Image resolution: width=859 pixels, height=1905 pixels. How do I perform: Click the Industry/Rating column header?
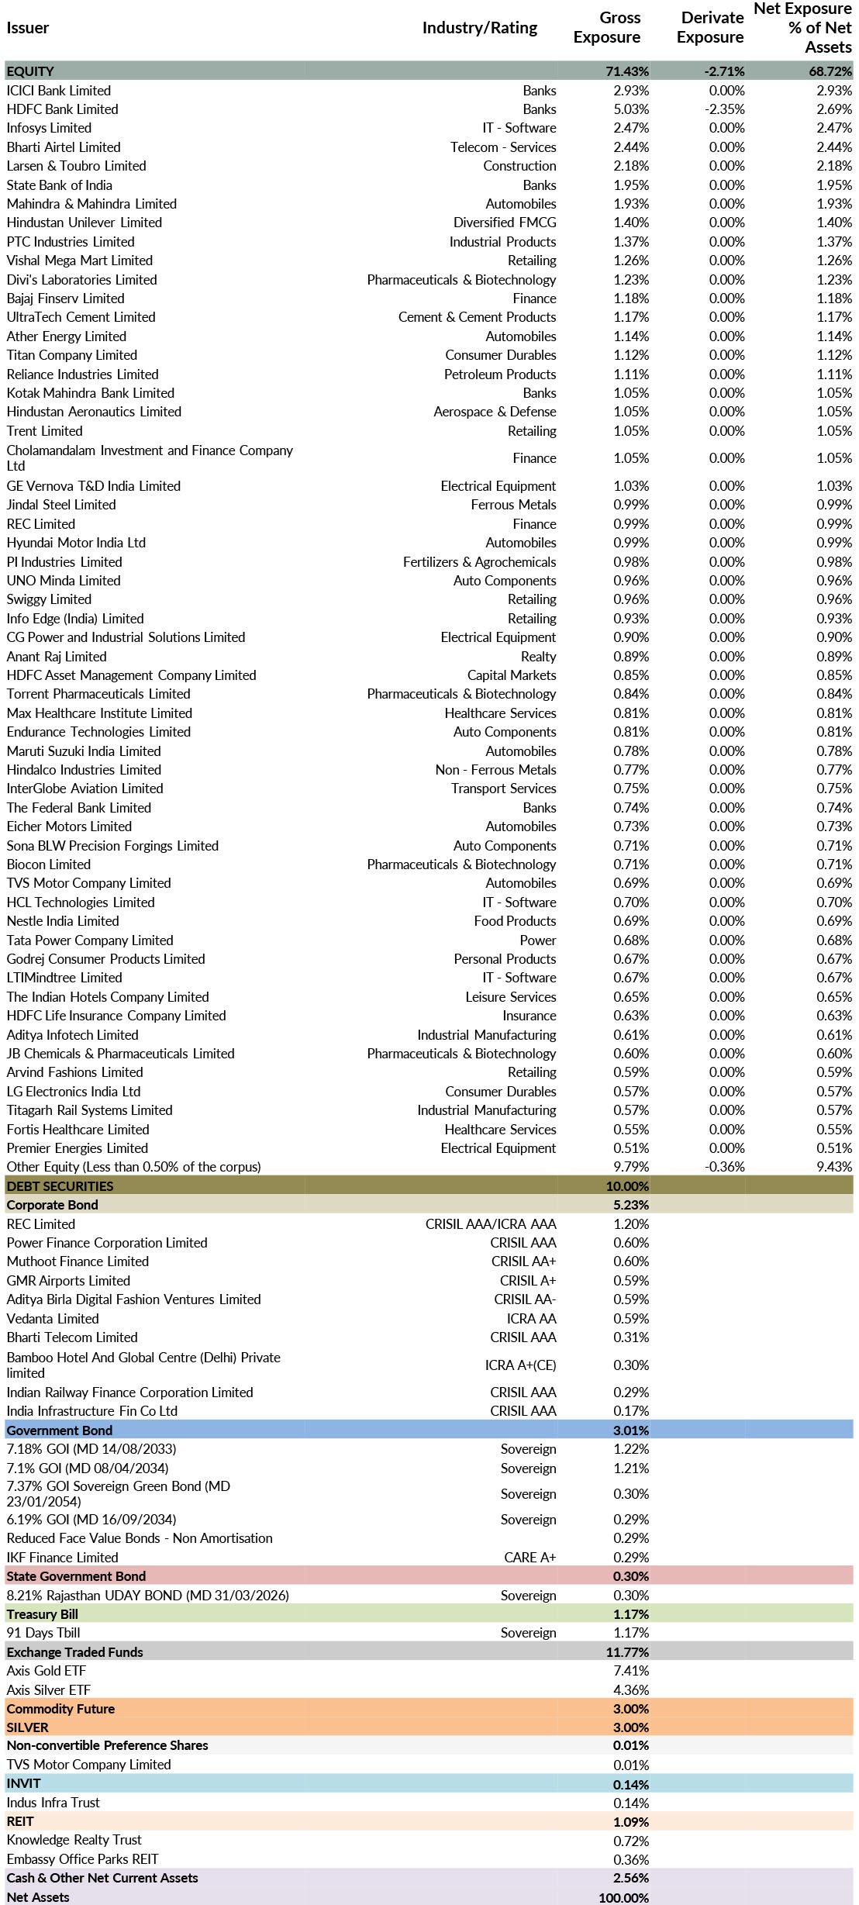click(479, 28)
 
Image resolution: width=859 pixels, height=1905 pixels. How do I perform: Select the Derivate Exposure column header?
click(709, 27)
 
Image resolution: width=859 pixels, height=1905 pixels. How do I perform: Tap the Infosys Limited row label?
click(49, 128)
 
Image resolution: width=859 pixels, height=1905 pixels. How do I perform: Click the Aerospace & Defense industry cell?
click(495, 412)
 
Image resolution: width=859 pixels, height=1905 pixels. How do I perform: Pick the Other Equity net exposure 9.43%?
click(833, 1167)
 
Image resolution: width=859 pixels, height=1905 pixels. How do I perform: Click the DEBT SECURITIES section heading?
click(60, 1186)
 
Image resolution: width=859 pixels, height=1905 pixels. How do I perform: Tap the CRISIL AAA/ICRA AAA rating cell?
click(490, 1224)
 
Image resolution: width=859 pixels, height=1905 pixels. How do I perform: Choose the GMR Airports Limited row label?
click(68, 1281)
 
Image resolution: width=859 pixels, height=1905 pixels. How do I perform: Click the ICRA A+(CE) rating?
click(520, 1365)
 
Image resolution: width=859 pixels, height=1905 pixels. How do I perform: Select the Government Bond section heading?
click(60, 1430)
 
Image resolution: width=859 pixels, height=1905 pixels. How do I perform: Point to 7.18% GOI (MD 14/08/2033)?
click(91, 1449)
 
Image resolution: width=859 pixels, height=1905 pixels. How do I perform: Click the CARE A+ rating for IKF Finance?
click(530, 1558)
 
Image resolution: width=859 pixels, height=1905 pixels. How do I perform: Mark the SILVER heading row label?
click(28, 1727)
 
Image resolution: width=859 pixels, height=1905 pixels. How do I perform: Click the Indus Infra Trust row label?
click(53, 1803)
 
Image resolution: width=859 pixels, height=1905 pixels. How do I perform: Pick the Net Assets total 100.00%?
click(623, 1897)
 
